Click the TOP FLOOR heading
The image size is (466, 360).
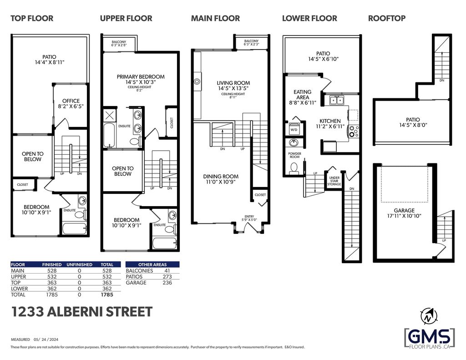tap(32, 18)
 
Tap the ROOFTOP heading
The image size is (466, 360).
tap(387, 18)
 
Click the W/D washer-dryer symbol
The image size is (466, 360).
tap(294, 128)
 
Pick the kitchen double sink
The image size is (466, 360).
tap(336, 100)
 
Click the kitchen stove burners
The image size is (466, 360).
tap(354, 131)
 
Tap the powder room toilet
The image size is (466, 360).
tap(294, 168)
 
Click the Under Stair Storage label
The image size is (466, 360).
tap(334, 181)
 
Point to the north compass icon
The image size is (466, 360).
tap(428, 316)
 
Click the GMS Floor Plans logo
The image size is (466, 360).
tap(430, 338)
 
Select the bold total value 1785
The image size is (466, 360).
tap(107, 294)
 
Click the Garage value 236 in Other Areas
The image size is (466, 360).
tap(167, 283)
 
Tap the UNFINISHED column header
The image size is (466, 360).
tap(79, 264)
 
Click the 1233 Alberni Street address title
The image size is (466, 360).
tap(82, 312)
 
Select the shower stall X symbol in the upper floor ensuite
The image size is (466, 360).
tap(109, 116)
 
